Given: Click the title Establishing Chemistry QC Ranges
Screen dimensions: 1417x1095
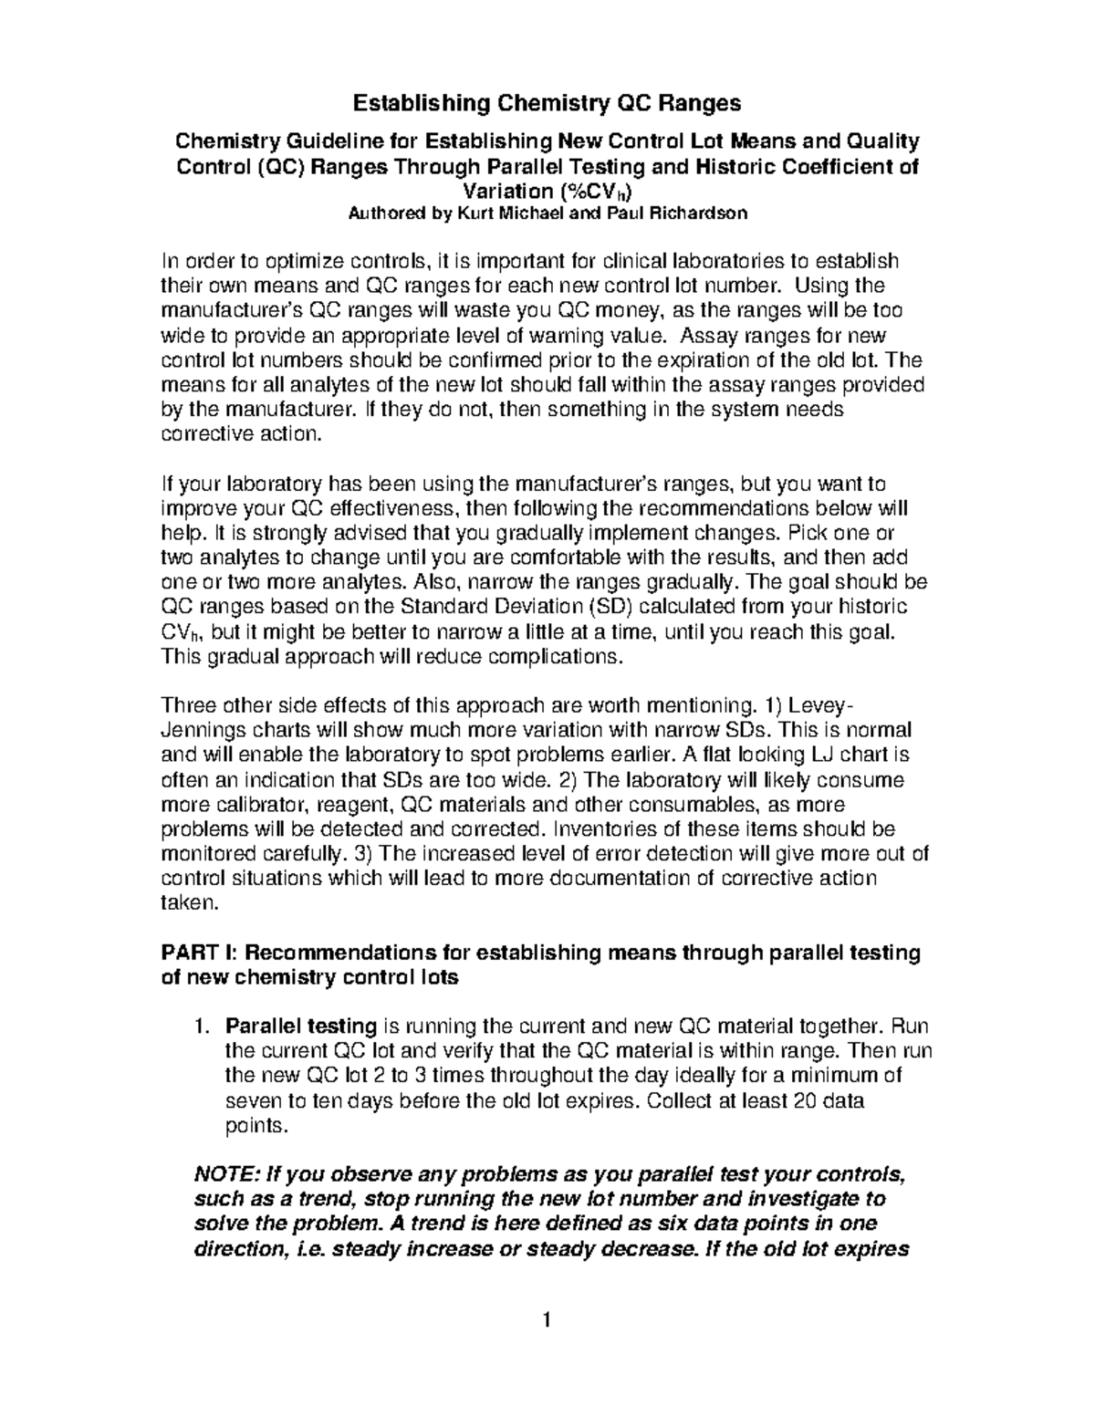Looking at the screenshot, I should click(547, 102).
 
